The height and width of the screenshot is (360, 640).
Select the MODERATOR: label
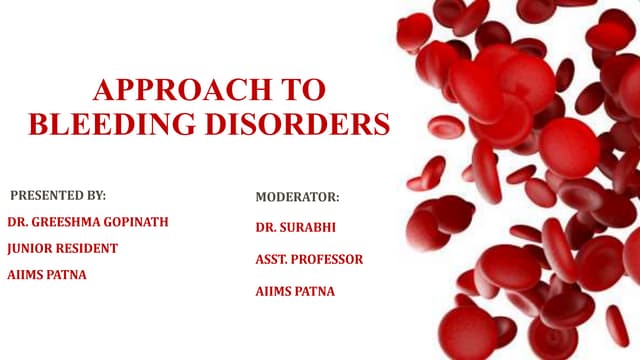click(x=297, y=197)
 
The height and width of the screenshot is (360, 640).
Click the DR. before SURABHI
click(x=267, y=228)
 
